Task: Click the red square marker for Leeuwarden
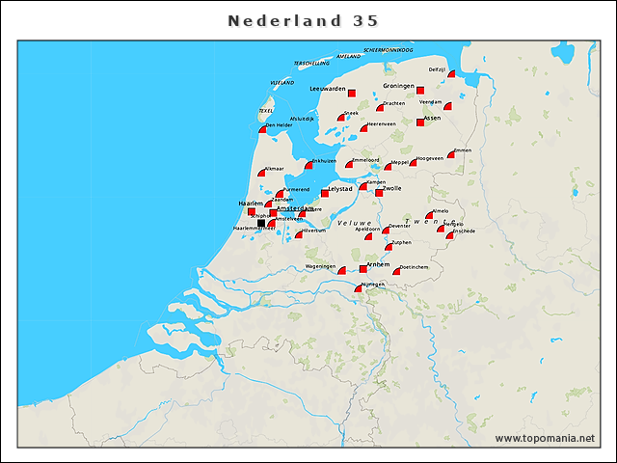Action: [x=351, y=94]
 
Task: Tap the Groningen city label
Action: [x=398, y=86]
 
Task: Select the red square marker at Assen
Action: [x=420, y=122]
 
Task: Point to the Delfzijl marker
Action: [x=450, y=74]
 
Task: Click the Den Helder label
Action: [x=279, y=125]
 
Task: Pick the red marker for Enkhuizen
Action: [x=308, y=165]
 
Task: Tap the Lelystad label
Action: [x=340, y=189]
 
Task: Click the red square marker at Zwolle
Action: [x=379, y=193]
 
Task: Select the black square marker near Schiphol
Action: [x=260, y=223]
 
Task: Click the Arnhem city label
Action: [x=378, y=263]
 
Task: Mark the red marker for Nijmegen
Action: [x=359, y=288]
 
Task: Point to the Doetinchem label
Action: [x=414, y=266]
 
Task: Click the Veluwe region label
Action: [x=354, y=223]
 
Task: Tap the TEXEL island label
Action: [x=266, y=111]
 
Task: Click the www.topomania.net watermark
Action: [x=545, y=439]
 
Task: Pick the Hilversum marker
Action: [x=300, y=234]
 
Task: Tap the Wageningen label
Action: [x=321, y=265]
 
